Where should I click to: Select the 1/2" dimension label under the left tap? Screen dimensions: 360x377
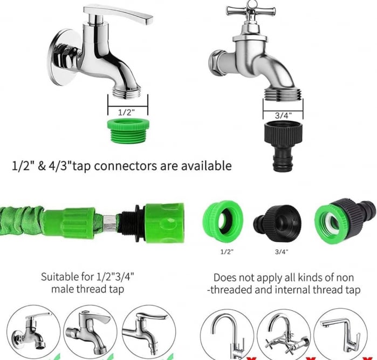point(127,112)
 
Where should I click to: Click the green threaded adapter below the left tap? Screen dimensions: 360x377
point(127,132)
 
